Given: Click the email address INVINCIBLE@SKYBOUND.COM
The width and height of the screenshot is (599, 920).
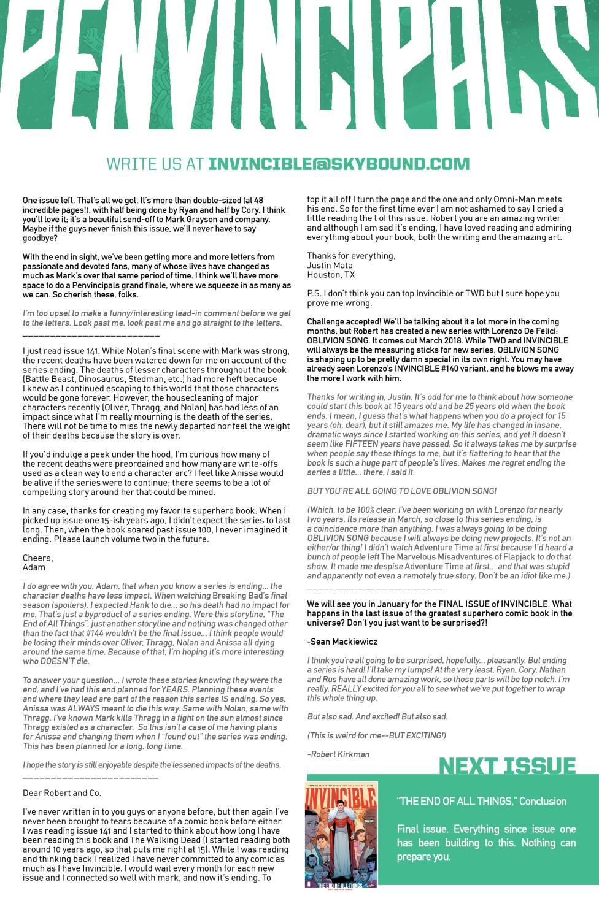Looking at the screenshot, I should [339, 164].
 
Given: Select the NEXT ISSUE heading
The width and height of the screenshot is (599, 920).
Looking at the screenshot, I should [507, 766].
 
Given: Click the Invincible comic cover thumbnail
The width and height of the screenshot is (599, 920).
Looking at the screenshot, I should [341, 834].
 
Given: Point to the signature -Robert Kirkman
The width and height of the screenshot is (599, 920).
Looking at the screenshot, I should [338, 754].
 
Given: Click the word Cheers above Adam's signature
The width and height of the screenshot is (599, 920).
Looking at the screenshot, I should [37, 558].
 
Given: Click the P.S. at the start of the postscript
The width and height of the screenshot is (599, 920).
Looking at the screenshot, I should [314, 294].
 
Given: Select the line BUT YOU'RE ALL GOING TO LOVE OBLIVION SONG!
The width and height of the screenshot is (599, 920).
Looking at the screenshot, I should [401, 491].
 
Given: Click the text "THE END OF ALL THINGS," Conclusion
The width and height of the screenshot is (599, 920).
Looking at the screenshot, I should [482, 801].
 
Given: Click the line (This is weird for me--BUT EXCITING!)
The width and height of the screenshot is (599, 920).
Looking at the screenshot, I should [376, 735].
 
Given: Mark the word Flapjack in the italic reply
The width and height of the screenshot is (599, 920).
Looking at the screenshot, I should [503, 557].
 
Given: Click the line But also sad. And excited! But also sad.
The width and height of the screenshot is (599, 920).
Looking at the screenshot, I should [377, 716].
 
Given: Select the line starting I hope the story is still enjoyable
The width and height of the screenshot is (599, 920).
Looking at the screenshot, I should [152, 765].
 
